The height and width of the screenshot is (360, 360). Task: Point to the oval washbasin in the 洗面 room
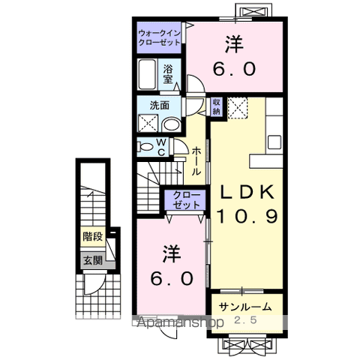[172, 124]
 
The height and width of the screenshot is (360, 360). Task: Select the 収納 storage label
[217, 106]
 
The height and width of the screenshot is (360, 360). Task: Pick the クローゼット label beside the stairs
[184, 199]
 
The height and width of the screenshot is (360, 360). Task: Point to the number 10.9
[247, 217]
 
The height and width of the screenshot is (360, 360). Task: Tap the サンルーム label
[245, 307]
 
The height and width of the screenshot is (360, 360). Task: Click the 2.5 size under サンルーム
[246, 321]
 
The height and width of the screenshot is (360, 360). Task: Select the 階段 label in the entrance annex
[93, 241]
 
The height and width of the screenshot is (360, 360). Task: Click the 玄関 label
[93, 261]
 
